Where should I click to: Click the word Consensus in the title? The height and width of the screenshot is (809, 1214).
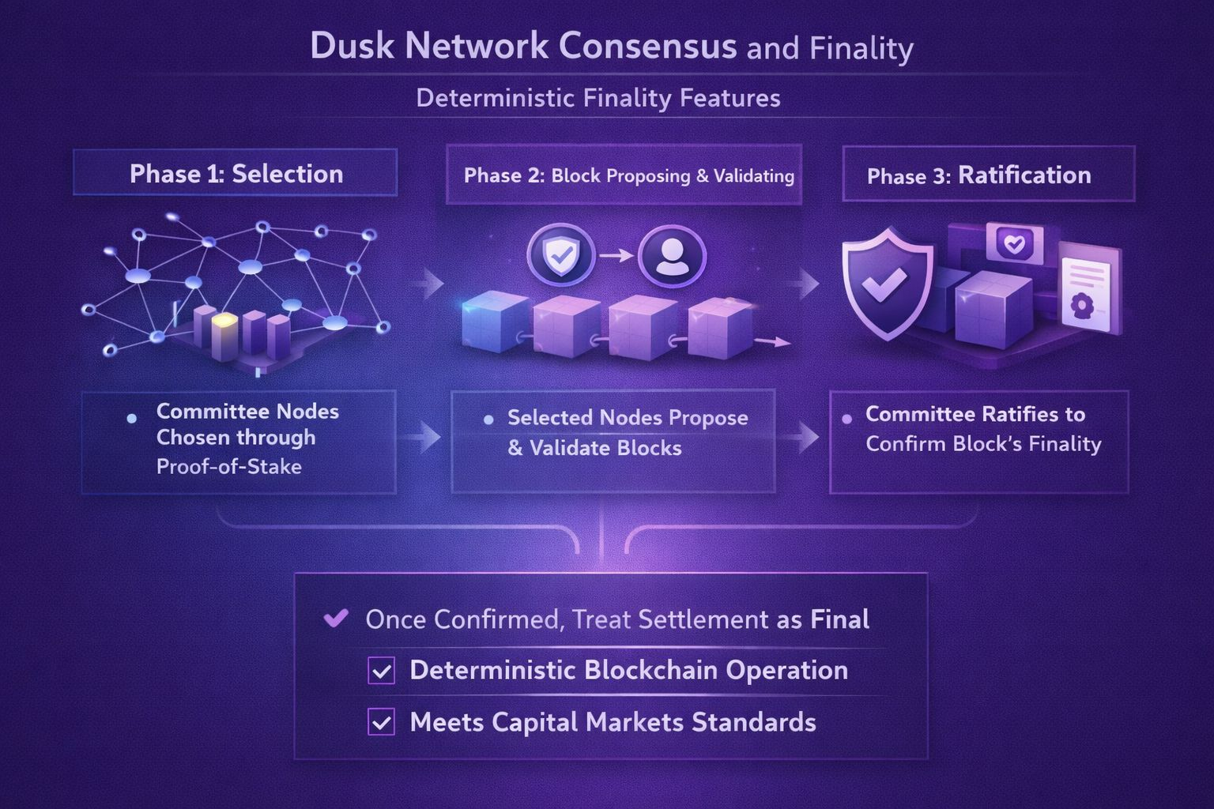click(647, 46)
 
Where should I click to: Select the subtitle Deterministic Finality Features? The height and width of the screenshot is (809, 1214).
click(598, 98)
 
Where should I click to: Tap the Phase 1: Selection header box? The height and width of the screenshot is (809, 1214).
click(236, 173)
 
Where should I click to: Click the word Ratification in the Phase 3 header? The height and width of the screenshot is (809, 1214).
click(1024, 175)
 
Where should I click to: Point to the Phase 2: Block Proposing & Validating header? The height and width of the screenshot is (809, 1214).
click(628, 175)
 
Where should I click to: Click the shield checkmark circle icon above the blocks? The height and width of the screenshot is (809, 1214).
click(560, 255)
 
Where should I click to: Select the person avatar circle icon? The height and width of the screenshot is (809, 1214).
click(672, 255)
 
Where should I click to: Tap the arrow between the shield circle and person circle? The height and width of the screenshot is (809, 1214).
click(616, 255)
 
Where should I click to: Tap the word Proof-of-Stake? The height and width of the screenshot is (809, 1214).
click(228, 467)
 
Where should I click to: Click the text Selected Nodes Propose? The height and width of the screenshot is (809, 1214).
click(628, 417)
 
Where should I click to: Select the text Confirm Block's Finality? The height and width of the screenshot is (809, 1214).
click(983, 444)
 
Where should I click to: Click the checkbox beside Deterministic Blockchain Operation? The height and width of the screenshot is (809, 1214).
click(382, 672)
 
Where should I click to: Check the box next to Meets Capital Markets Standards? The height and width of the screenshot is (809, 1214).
click(382, 722)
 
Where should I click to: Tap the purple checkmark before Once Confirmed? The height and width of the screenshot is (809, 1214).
click(336, 618)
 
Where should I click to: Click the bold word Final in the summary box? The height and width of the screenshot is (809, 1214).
click(839, 619)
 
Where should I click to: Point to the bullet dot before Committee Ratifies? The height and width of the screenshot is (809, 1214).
click(846, 418)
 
